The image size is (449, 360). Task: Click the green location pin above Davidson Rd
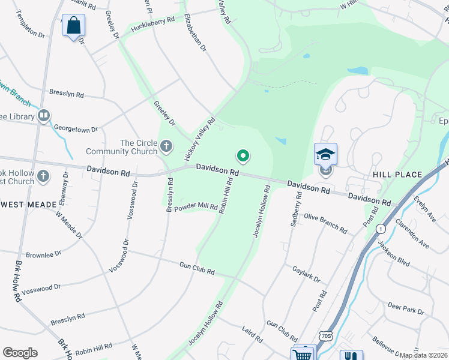pyautogui.click(x=243, y=157)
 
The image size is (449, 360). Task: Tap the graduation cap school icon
pyautogui.click(x=325, y=154)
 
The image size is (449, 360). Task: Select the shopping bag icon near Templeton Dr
pyautogui.click(x=73, y=26)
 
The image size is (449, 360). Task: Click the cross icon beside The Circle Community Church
pyautogui.click(x=166, y=146)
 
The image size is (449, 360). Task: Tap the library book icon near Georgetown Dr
pyautogui.click(x=43, y=115)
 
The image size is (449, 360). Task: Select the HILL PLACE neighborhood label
pyautogui.click(x=397, y=175)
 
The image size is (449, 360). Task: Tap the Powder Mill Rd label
pyautogui.click(x=197, y=206)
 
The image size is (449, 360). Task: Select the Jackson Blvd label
pyautogui.click(x=394, y=253)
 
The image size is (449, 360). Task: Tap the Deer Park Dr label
pyautogui.click(x=406, y=308)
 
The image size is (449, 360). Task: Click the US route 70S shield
pyautogui.click(x=326, y=334)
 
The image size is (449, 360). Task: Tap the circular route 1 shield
pyautogui.click(x=380, y=229)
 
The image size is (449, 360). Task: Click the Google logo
pyautogui.click(x=20, y=352)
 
